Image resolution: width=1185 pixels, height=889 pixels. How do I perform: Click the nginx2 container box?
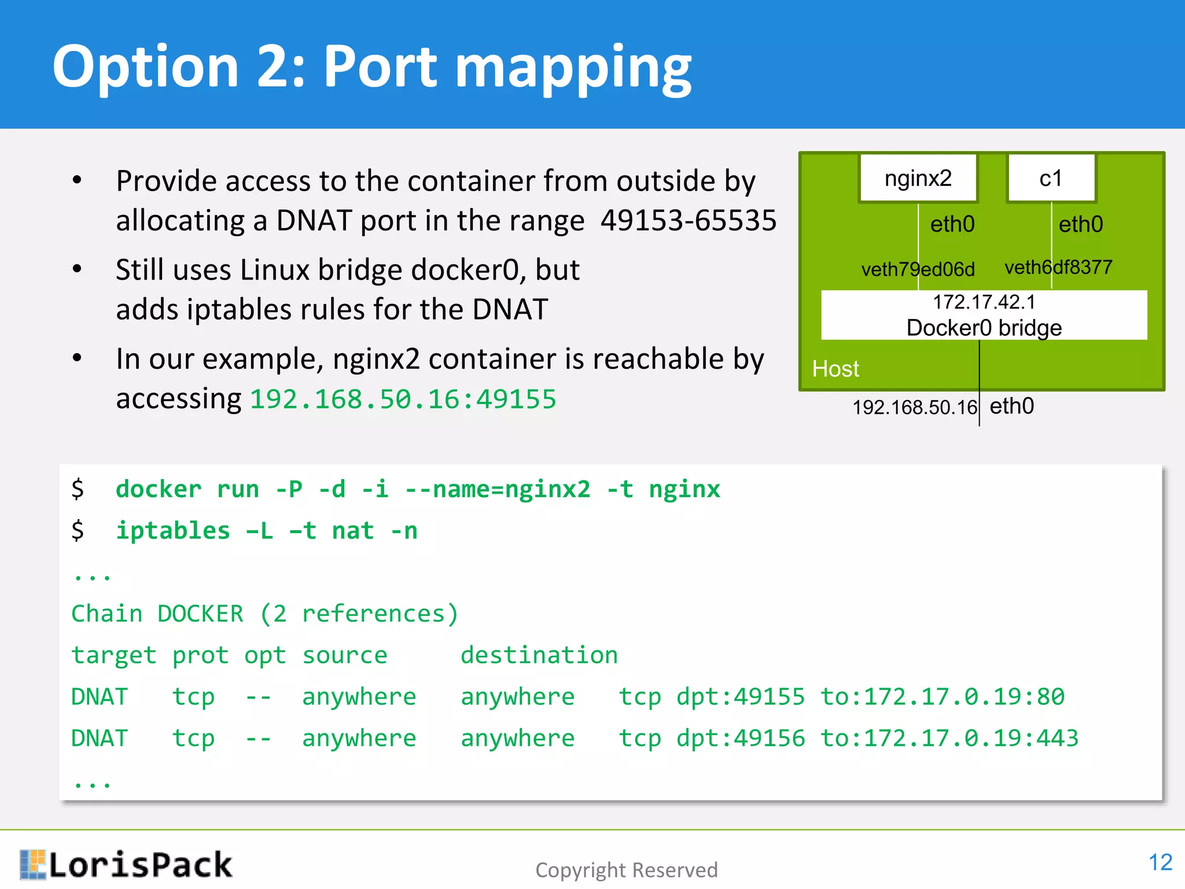[x=918, y=178]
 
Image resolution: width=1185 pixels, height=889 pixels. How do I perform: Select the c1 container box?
[x=1051, y=178]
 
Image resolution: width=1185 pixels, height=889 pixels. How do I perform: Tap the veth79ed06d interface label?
[x=918, y=269]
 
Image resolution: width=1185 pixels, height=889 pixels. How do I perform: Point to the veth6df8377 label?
[x=1058, y=267]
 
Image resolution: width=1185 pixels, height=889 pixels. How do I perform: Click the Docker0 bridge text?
[x=984, y=328]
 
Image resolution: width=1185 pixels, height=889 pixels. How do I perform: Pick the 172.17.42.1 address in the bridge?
[x=984, y=302]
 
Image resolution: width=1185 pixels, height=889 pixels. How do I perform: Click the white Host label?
[x=836, y=369]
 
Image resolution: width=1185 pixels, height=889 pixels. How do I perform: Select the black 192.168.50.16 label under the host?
[x=914, y=407]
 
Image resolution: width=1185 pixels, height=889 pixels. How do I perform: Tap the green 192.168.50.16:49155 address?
[x=403, y=399]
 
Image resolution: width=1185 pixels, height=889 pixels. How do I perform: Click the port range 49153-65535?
[x=688, y=221]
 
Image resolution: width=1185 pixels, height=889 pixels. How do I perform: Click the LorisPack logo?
[x=126, y=865]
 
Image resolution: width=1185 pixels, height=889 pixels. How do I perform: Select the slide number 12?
[x=1160, y=862]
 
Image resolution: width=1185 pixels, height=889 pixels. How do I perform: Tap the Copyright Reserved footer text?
[x=626, y=870]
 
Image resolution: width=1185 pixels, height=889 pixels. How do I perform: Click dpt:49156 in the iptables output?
[x=740, y=739]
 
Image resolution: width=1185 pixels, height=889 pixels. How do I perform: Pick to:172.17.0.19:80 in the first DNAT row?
[x=942, y=697]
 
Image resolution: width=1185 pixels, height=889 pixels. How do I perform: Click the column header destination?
[x=539, y=655]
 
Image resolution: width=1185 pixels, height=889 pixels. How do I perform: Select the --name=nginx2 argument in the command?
[x=497, y=490]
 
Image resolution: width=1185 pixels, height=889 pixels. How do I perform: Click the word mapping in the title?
[x=573, y=68]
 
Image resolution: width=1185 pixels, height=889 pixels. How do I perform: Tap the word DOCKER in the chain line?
[x=200, y=614]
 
